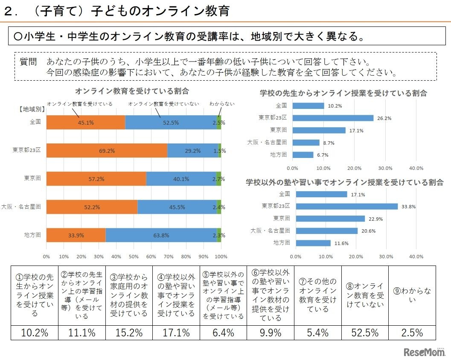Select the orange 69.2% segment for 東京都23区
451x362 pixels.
click(107, 151)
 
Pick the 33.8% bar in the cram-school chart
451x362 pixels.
click(346, 207)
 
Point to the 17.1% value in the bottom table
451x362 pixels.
click(176, 333)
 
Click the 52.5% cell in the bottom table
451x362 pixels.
click(365, 333)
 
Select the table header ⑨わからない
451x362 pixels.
click(412, 295)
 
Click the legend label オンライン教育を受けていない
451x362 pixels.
click(163, 104)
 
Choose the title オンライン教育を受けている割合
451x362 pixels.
click(132, 91)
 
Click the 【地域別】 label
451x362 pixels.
click(31, 109)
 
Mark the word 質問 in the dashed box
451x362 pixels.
click(29, 62)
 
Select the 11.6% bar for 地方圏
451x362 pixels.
click(313, 243)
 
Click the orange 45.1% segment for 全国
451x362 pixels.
click(85, 123)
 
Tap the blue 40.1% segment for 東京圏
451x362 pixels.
click(181, 179)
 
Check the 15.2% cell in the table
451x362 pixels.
click(129, 333)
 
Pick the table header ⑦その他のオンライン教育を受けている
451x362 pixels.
click(317, 295)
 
